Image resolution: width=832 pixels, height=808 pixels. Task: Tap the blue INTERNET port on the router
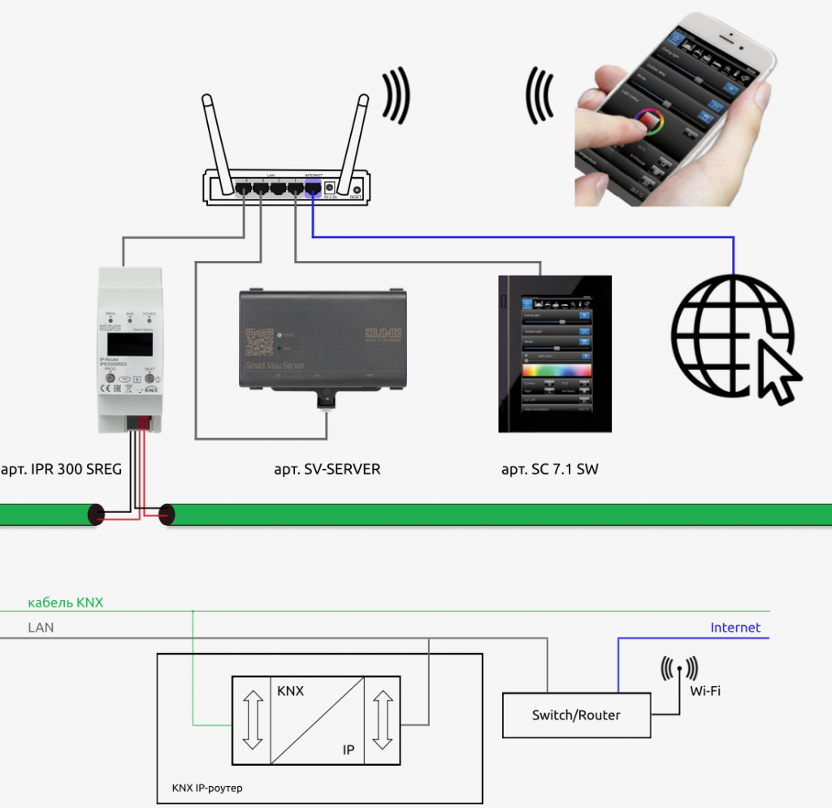point(313,189)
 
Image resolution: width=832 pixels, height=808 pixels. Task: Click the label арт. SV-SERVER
point(327,469)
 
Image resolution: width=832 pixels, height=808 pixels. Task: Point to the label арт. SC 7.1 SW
point(550,469)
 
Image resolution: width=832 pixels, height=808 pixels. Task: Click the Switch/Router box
point(576,715)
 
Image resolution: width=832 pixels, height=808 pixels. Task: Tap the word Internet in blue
point(735,628)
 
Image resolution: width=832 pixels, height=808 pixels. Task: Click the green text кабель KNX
point(66,603)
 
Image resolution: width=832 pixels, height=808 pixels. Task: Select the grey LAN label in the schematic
point(41,628)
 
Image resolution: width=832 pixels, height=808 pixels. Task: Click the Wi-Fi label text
point(705,691)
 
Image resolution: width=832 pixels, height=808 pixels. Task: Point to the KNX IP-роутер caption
point(207,788)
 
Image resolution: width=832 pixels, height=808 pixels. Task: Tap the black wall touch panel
point(555,354)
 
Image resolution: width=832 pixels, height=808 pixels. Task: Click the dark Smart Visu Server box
point(323,341)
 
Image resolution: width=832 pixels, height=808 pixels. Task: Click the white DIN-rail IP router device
point(131,350)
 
